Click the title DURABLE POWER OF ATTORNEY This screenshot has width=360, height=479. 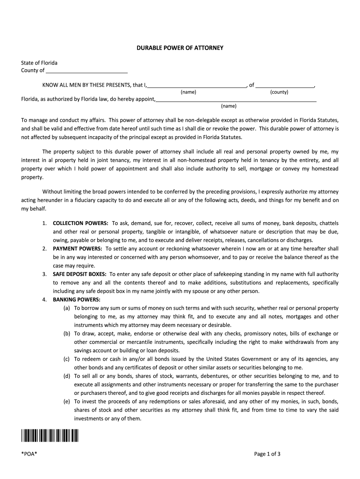coord(180,48)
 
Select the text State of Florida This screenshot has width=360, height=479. coord(39,63)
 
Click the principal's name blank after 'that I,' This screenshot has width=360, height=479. coord(197,85)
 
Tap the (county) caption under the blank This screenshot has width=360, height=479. coord(279,92)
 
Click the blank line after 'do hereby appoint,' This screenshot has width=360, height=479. coord(236,99)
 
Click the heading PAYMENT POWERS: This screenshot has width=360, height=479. coord(78,249)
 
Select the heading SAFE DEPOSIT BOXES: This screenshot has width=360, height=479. coord(80,274)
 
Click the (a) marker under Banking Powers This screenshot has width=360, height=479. coord(67,308)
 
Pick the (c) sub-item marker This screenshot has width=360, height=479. coord(67,359)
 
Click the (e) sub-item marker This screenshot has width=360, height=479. coord(67,401)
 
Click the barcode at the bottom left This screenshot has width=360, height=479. coord(50,436)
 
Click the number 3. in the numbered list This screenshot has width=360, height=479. coord(44,274)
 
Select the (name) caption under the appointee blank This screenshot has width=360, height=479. coord(229,106)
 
